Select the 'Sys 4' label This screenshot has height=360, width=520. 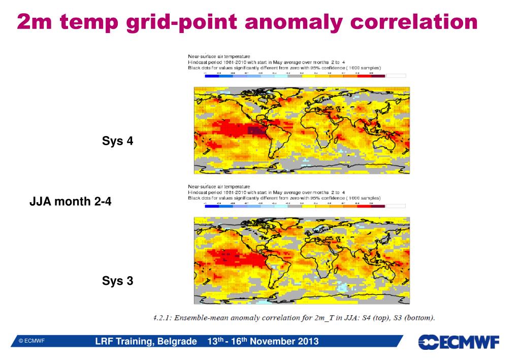point(117,141)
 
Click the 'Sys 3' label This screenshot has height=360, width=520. point(117,280)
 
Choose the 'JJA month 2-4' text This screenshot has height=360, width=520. point(71,202)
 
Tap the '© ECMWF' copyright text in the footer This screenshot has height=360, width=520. point(31,341)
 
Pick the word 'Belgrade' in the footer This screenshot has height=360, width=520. point(177,341)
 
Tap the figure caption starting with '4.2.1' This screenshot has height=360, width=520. point(294,318)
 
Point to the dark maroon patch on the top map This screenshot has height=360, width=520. point(257,132)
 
